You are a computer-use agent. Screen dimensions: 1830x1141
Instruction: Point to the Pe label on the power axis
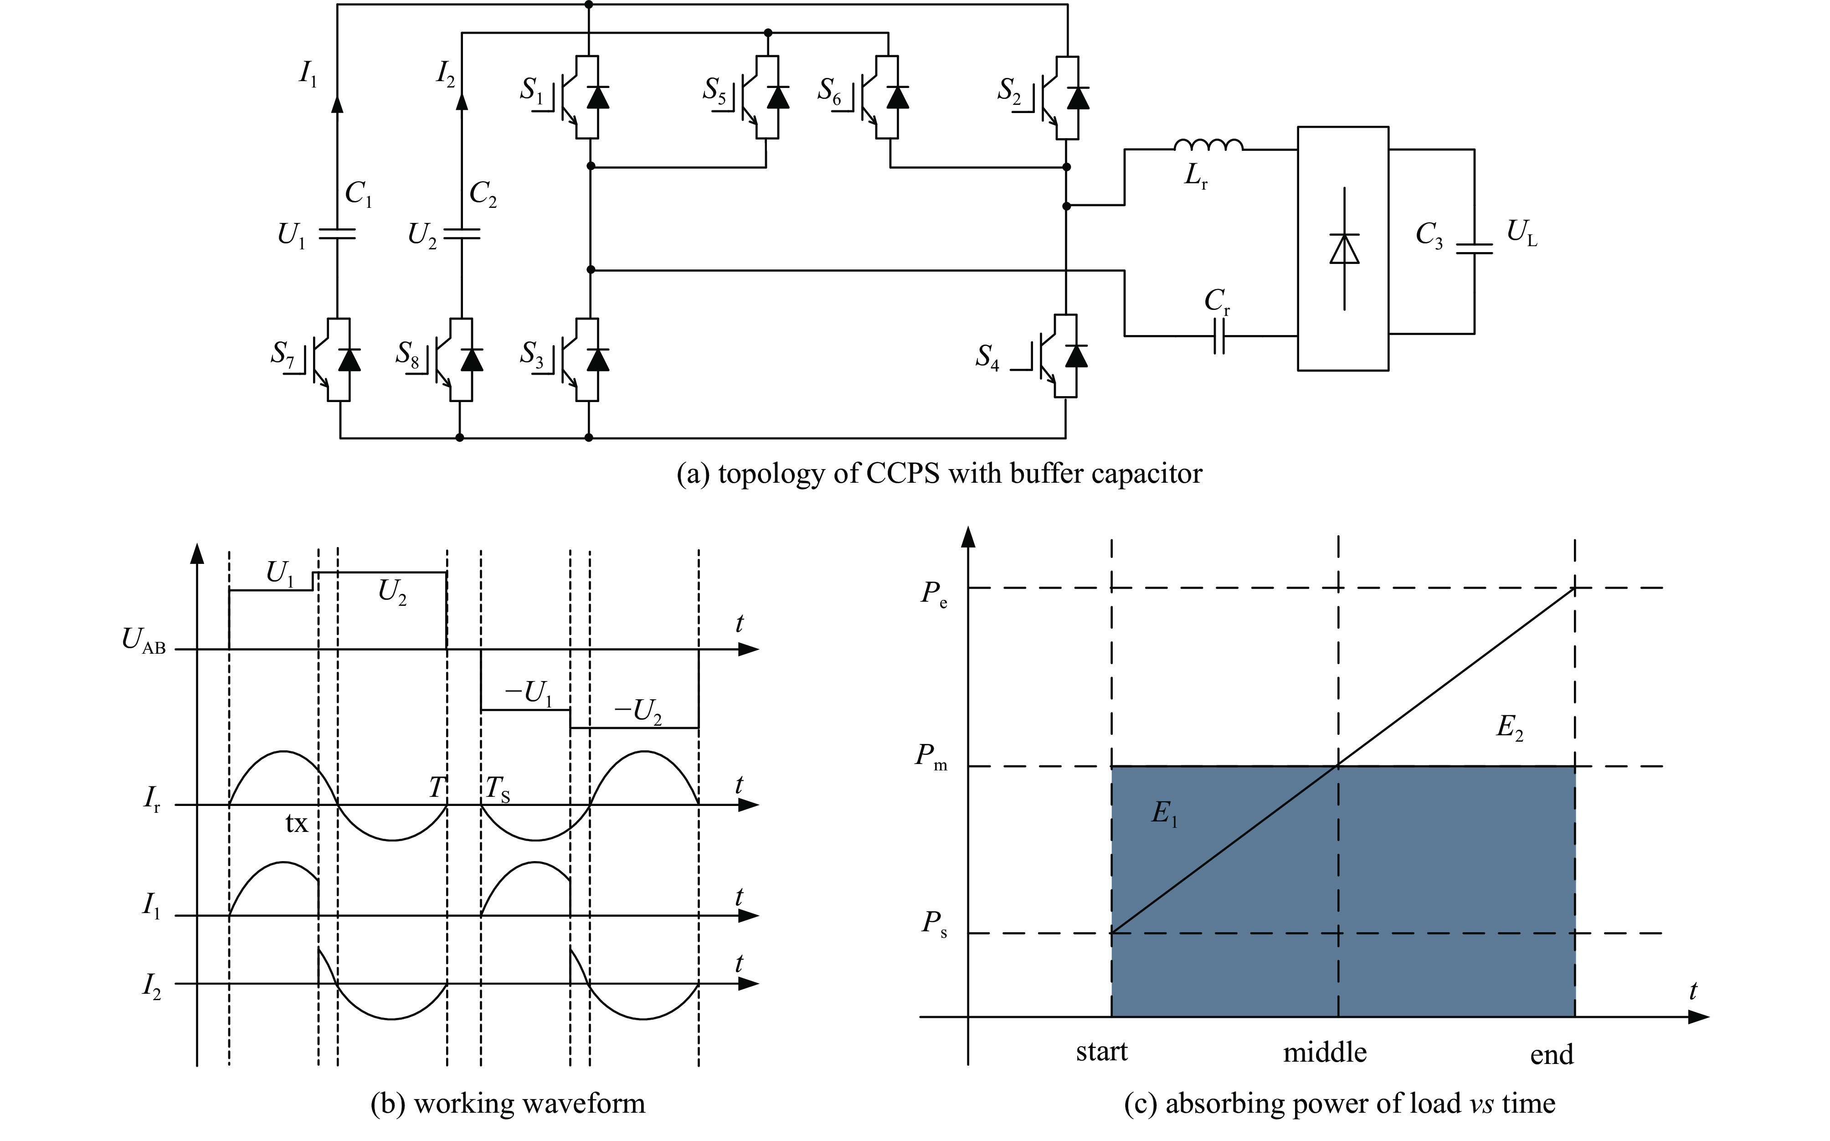coord(934,594)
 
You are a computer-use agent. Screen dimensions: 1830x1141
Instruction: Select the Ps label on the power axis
coord(934,924)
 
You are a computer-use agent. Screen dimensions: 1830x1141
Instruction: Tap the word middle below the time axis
coord(1325,1052)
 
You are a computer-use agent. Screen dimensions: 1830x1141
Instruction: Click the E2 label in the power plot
coord(1509,728)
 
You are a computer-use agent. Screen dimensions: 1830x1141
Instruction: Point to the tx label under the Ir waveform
coord(297,823)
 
